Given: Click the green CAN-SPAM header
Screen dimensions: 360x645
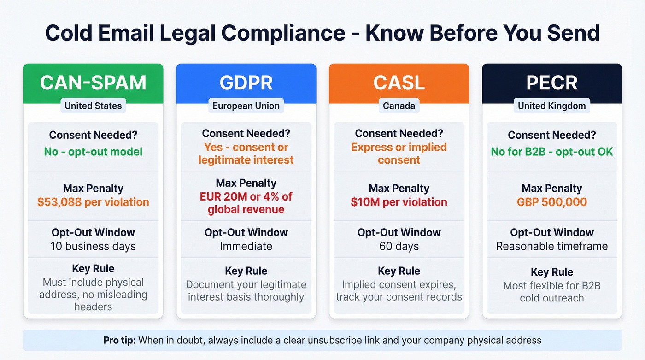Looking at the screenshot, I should pos(93,83).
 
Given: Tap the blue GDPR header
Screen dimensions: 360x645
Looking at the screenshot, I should pos(246,83).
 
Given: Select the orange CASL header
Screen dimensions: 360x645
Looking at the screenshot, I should pos(399,83).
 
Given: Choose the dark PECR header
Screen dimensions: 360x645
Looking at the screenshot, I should pos(552,83).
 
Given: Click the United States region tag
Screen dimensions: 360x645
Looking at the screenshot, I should pos(93,106).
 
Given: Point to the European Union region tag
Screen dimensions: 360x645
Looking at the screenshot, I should pos(246,106).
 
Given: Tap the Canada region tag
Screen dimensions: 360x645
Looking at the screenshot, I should pos(399,106).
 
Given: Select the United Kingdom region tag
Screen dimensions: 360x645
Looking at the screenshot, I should pos(552,106).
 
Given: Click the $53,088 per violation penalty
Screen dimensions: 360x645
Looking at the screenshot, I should pos(93,202).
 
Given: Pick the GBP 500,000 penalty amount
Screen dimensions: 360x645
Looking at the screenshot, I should pos(552,202).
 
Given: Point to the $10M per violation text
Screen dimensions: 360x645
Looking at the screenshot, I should pos(399,202).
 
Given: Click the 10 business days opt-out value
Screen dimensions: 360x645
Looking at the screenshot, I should pos(93,246).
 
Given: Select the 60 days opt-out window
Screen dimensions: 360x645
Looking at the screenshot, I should pos(399,246).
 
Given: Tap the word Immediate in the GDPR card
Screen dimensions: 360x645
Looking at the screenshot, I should pos(246,246).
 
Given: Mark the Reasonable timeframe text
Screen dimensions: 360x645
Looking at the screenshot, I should pos(552,246).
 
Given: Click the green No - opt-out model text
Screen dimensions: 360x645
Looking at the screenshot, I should pos(93,152).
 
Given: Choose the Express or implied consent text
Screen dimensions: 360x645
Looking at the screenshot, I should pos(399,153).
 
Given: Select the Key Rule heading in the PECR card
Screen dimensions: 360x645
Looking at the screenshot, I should pos(552,272).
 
